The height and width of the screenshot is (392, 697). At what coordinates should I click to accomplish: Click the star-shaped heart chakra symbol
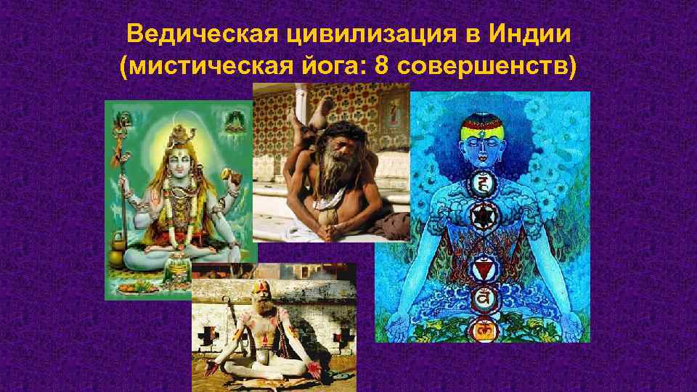[x=482, y=216]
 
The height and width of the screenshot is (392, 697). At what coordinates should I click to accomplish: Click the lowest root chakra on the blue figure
[x=482, y=330]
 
